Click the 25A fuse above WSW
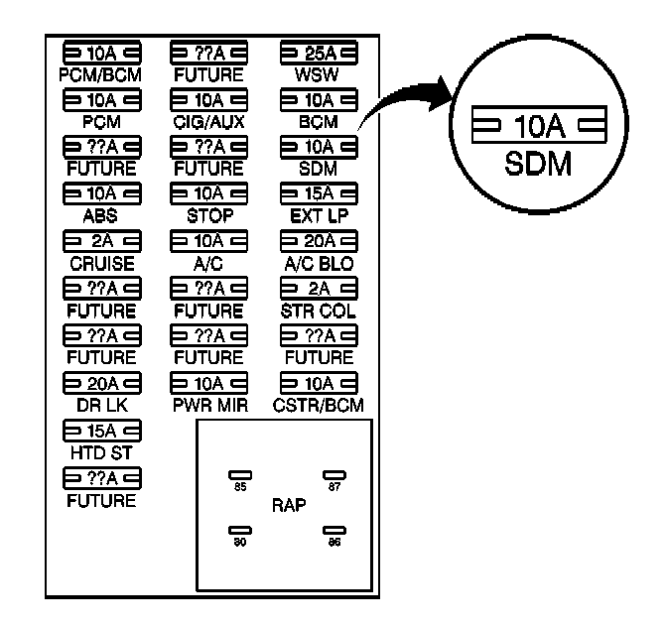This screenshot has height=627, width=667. point(319,53)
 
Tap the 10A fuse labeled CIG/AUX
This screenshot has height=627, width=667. point(208,100)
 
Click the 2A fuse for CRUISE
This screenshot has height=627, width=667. point(100,241)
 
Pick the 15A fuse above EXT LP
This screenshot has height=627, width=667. point(319,193)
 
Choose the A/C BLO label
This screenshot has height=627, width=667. point(319,262)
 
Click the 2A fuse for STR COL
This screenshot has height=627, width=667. point(319,289)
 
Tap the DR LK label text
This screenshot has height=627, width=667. point(100,404)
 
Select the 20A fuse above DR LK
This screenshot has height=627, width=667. point(100,383)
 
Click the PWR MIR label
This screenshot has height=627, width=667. point(208,404)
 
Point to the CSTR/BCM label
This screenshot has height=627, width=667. point(319,404)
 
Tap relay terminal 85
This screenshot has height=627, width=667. point(238,475)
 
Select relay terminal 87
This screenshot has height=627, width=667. point(333,475)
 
